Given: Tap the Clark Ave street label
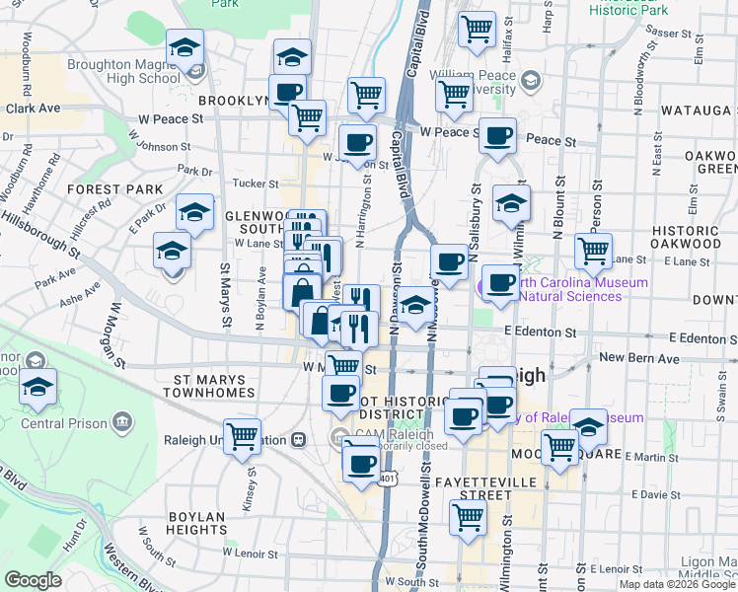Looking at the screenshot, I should (34, 109).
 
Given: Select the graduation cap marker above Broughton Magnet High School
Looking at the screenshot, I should (184, 47).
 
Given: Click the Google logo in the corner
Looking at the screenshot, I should (33, 580).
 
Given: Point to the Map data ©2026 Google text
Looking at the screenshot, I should (677, 584).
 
